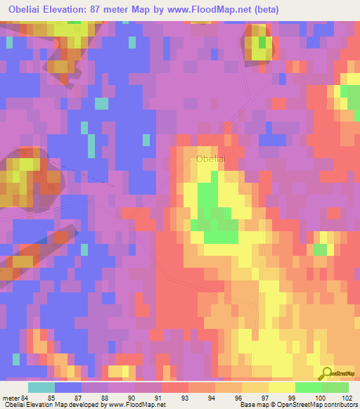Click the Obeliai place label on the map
click(211, 159)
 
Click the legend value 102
click(345, 396)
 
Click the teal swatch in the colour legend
click(41, 387)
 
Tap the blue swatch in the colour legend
click(68, 387)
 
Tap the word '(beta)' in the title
click(266, 10)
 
